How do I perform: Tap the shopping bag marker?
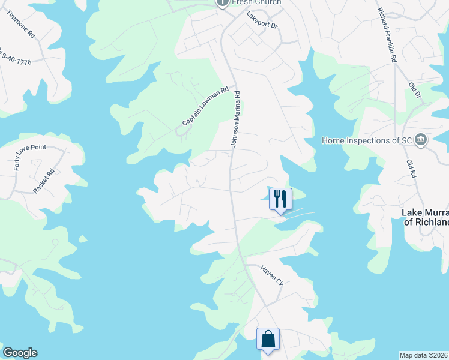[x=268, y=338]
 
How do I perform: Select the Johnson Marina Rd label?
[x=236, y=118]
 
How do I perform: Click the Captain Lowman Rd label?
[x=206, y=107]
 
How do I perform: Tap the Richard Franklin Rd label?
[x=388, y=35]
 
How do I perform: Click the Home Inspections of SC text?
[x=366, y=140]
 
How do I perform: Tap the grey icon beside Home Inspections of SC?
[x=420, y=140]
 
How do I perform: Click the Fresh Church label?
[x=256, y=2]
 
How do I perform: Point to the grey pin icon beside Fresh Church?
[x=221, y=3]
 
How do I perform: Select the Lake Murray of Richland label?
[x=425, y=217]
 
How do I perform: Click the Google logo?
[x=20, y=353]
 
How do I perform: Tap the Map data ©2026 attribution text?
[x=424, y=355]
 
